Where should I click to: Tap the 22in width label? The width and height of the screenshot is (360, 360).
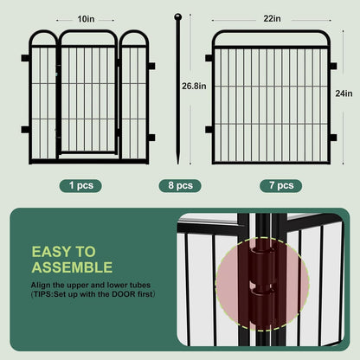tap(272, 18)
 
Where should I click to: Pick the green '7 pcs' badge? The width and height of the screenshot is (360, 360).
tap(276, 185)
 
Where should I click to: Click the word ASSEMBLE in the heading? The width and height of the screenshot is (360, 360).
tap(72, 267)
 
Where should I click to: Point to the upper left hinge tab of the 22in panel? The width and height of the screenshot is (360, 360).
tap(209, 59)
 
